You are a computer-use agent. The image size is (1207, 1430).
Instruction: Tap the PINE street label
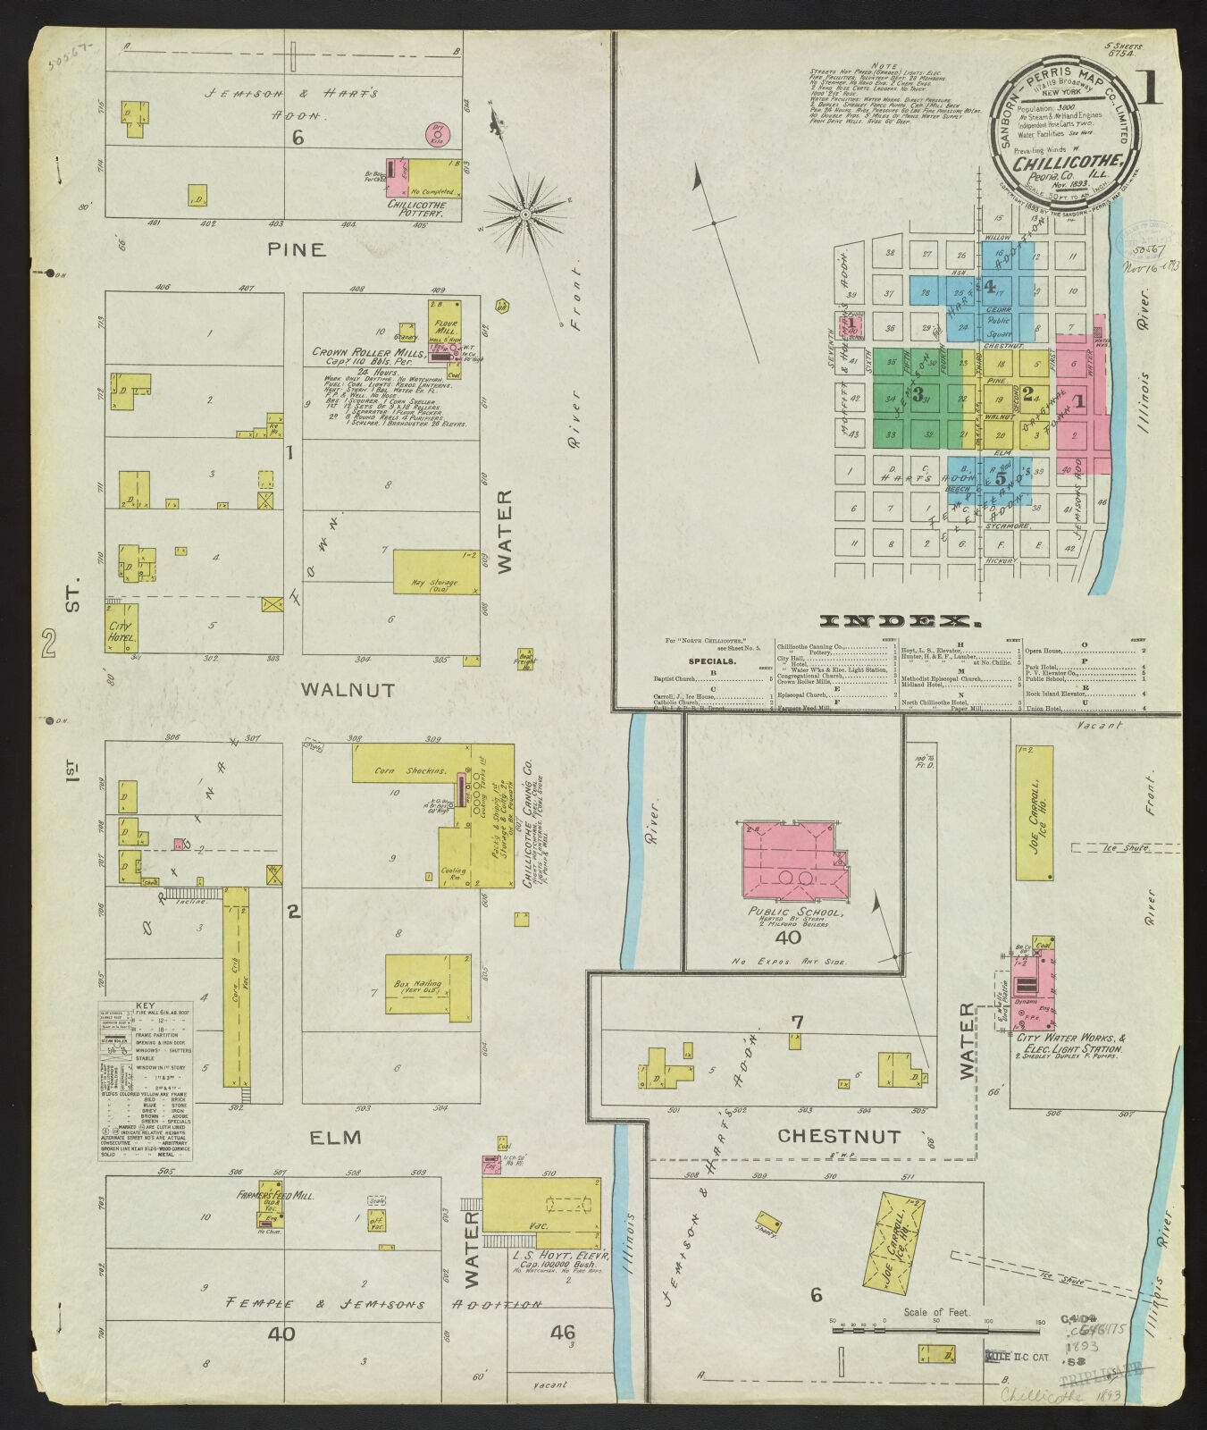pyautogui.click(x=297, y=249)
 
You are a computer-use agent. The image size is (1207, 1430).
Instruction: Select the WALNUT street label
pyautogui.click(x=348, y=689)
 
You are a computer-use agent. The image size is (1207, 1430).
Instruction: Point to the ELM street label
pyautogui.click(x=335, y=1138)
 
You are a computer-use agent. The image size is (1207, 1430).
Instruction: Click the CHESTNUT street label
pyautogui.click(x=838, y=1136)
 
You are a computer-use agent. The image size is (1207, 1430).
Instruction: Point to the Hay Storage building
pyautogui.click(x=435, y=572)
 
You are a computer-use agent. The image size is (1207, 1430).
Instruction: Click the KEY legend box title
pyautogui.click(x=145, y=1006)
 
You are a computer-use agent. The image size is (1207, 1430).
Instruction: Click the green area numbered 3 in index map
pyautogui.click(x=918, y=394)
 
